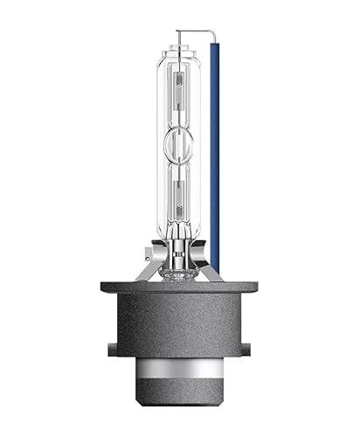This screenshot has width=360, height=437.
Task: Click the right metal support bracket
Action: tap(212, 262)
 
